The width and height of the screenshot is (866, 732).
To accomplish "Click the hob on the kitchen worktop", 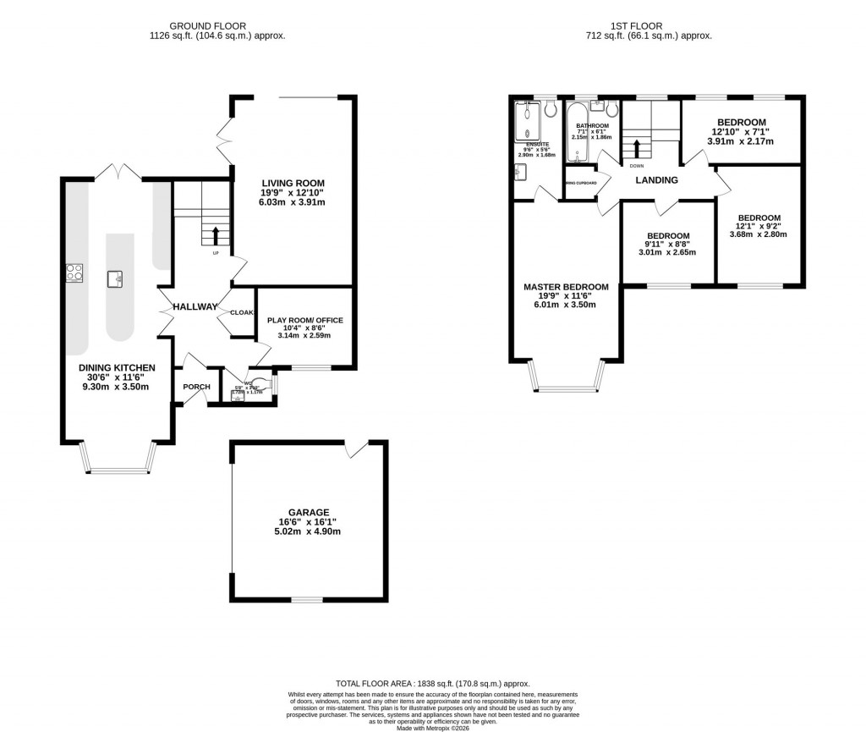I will coord(74,272).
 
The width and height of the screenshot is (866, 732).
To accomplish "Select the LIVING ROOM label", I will coord(293,183).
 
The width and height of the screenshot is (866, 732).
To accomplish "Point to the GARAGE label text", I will coord(308,512).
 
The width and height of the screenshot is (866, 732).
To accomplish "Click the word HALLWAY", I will coord(195,306).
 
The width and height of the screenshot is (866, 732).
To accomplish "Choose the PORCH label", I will coord(196,387).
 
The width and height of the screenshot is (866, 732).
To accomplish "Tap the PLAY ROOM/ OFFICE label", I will coord(304,320).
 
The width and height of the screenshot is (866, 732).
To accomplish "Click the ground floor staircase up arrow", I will coord(216,234).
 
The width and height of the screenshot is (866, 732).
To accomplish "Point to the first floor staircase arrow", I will coord(636,147).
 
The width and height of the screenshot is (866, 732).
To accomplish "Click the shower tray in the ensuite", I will coord(527,120).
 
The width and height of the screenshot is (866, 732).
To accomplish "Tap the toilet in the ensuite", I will coord(550,109).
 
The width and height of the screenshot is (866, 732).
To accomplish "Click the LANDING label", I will coord(657,179).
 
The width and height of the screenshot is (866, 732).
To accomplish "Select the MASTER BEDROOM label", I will coord(566,287).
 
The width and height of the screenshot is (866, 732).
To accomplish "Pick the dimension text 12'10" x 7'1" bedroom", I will coord(741,131).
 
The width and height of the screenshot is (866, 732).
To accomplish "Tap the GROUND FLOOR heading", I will coord(216,26).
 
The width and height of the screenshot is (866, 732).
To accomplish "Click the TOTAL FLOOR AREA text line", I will coord(432,683).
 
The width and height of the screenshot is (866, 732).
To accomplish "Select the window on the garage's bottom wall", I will coord(307,600).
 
